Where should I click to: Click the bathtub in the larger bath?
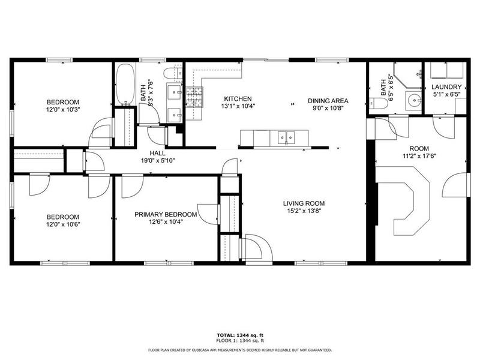[125, 84]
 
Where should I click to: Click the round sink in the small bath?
[413, 100]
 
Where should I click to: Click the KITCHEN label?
[238, 99]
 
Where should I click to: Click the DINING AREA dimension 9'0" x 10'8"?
[328, 109]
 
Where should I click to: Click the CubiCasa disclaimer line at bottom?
[240, 349]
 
